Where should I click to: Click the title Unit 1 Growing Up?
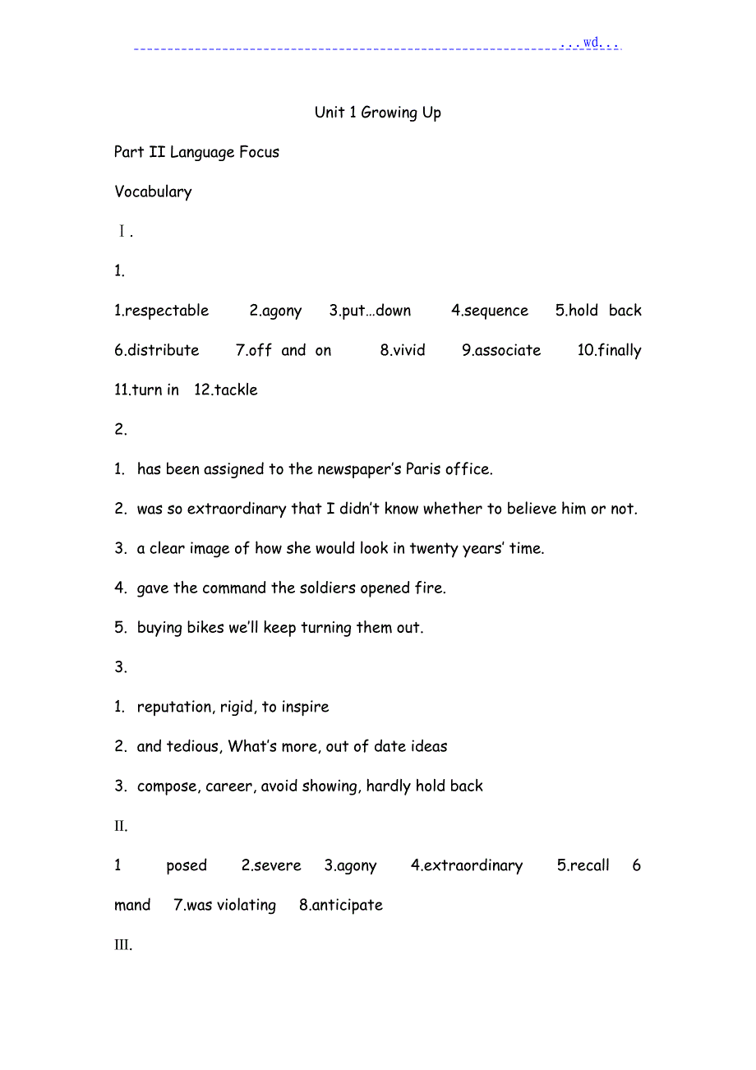[x=377, y=113]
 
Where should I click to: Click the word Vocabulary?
[x=153, y=191]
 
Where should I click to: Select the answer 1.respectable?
[x=161, y=311]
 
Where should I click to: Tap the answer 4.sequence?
[x=489, y=311]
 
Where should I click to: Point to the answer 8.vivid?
[x=403, y=350]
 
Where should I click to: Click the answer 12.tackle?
[x=226, y=390]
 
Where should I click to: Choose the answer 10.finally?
[x=609, y=350]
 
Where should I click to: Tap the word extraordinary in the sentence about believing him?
[x=237, y=509]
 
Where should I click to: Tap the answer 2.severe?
[x=271, y=865]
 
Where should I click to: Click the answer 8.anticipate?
[x=341, y=905]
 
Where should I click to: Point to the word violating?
[x=246, y=905]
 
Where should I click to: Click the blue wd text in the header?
[x=591, y=42]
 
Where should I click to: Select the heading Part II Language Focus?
[x=197, y=152]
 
